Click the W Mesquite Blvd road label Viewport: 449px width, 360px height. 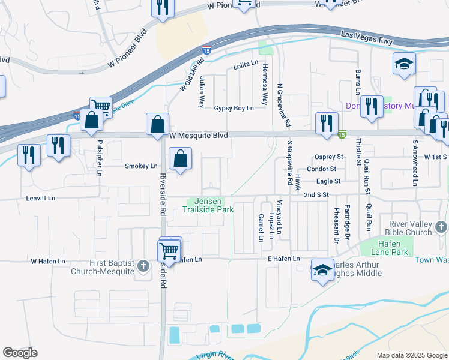click(198, 136)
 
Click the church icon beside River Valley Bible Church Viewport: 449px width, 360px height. click(441, 227)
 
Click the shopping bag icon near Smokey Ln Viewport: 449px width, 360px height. click(180, 159)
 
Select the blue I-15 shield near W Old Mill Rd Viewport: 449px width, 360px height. click(206, 52)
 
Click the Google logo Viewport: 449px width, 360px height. click(20, 353)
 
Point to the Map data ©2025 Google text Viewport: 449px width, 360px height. click(412, 355)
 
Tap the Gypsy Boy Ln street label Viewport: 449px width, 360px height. click(234, 108)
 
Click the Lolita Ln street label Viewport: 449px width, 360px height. click(245, 63)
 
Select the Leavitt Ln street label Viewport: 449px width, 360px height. click(41, 197)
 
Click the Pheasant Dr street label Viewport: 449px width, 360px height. click(337, 225)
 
